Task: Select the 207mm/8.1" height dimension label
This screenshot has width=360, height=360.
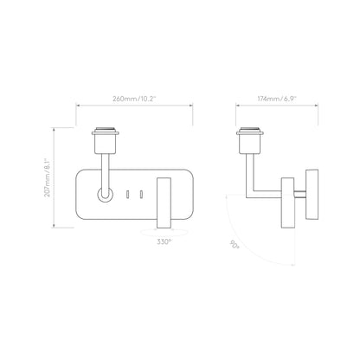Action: [x=58, y=177]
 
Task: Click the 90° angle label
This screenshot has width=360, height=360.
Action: [x=234, y=245]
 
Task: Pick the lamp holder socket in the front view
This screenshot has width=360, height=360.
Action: [x=108, y=138]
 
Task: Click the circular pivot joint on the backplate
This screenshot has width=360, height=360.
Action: [x=105, y=196]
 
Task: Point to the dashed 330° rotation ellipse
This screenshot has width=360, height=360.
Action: [x=164, y=232]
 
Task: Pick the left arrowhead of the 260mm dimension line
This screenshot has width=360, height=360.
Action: [x=80, y=108]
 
